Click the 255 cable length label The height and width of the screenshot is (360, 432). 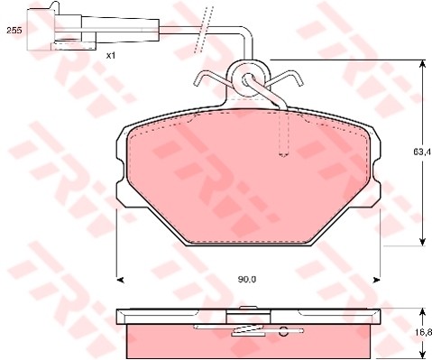tap(14, 30)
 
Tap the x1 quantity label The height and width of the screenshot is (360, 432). tap(111, 56)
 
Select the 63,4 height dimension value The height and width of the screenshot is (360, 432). tap(422, 152)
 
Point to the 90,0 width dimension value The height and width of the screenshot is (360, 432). tap(247, 280)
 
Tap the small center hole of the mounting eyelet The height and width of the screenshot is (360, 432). tap(247, 78)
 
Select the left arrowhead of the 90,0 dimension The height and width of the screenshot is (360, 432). tap(120, 280)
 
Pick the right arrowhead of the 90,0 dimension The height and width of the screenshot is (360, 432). tap(377, 280)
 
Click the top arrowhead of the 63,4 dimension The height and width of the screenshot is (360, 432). tap(422, 64)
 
